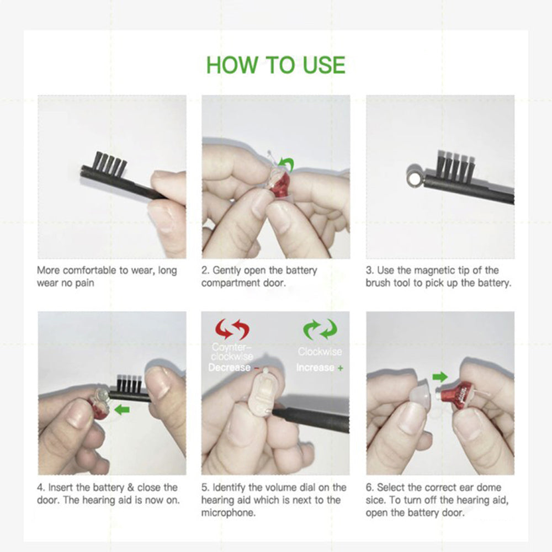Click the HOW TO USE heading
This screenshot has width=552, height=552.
(x=275, y=65)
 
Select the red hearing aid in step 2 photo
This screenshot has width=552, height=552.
(x=280, y=183)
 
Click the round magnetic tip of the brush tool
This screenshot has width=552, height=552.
(x=413, y=176)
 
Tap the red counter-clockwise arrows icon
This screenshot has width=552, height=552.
(x=232, y=330)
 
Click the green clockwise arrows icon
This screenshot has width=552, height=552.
(x=320, y=330)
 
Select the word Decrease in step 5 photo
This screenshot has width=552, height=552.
(x=229, y=368)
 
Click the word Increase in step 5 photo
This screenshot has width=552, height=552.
(x=315, y=368)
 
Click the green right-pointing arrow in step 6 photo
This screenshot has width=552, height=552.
(x=440, y=377)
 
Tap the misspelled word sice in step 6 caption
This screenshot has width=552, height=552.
(x=376, y=500)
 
